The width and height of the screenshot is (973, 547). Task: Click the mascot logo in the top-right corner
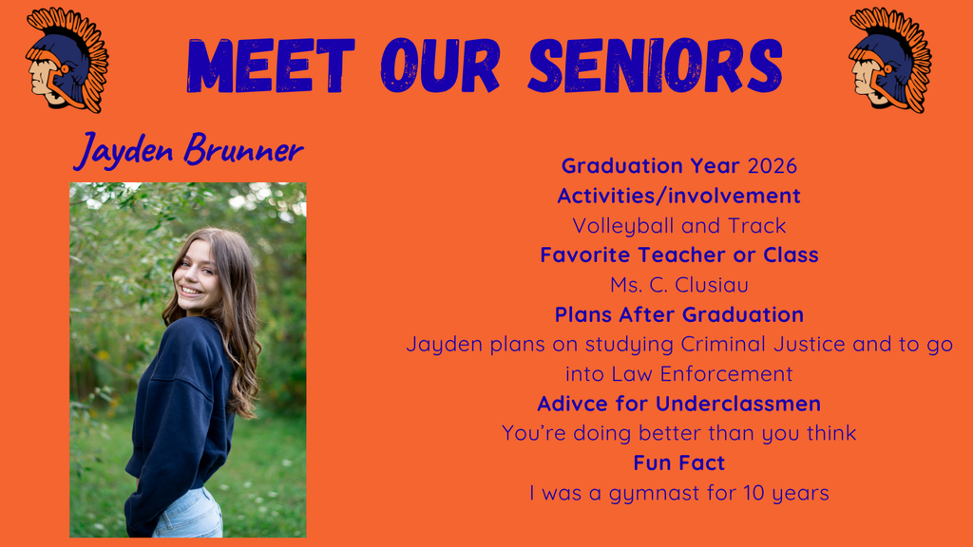point(889,60)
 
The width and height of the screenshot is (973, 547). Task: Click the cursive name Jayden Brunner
point(188,150)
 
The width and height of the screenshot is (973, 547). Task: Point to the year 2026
point(772,165)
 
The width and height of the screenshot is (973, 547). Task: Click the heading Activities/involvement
point(678,196)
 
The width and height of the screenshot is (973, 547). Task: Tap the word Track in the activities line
point(757,226)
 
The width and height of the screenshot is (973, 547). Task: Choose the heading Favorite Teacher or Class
point(678,255)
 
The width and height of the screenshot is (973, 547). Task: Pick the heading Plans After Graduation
point(678,314)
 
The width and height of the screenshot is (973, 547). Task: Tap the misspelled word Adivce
point(572,404)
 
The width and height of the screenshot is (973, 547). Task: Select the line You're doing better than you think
point(678,433)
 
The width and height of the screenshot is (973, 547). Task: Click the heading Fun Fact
point(678,463)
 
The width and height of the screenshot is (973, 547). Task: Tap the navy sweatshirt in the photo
point(181,408)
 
